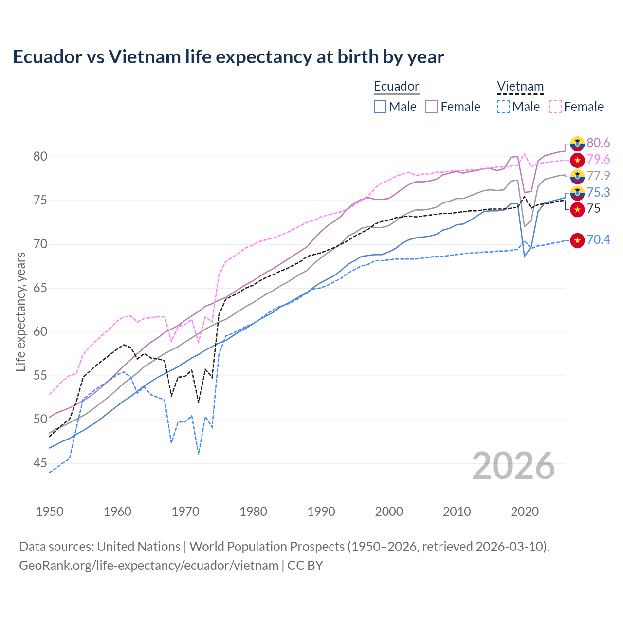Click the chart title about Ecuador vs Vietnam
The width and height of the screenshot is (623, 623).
pyautogui.click(x=228, y=57)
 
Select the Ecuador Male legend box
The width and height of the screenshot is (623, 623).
pyautogui.click(x=380, y=107)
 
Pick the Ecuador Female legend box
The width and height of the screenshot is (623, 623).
pyautogui.click(x=432, y=107)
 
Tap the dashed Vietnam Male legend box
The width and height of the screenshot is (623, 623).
pyautogui.click(x=503, y=107)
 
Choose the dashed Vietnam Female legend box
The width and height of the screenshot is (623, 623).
pyautogui.click(x=555, y=107)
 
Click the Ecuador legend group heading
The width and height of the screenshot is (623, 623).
pyautogui.click(x=396, y=87)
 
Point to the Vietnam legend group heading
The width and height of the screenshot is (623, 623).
pyautogui.click(x=520, y=87)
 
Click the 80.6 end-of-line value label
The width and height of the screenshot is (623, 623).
pyautogui.click(x=598, y=143)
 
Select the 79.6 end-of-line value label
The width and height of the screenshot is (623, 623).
pyautogui.click(x=598, y=159)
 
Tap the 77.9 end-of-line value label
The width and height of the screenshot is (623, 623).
pyautogui.click(x=598, y=176)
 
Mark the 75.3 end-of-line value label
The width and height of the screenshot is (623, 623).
pyautogui.click(x=598, y=192)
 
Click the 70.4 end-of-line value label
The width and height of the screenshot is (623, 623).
pyautogui.click(x=598, y=239)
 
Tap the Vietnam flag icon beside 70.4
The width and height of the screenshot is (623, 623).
pyautogui.click(x=577, y=240)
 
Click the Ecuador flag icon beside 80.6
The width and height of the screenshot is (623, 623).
pyautogui.click(x=577, y=143)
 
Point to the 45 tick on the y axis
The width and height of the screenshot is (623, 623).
pyautogui.click(x=40, y=463)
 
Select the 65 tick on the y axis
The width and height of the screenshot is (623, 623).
pyautogui.click(x=40, y=288)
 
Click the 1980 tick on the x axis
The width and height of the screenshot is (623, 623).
pyautogui.click(x=253, y=512)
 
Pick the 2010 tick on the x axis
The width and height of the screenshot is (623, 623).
pyautogui.click(x=457, y=512)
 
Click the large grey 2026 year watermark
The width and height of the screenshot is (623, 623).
pyautogui.click(x=513, y=466)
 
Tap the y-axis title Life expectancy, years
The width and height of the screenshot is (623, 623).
pyautogui.click(x=20, y=311)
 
